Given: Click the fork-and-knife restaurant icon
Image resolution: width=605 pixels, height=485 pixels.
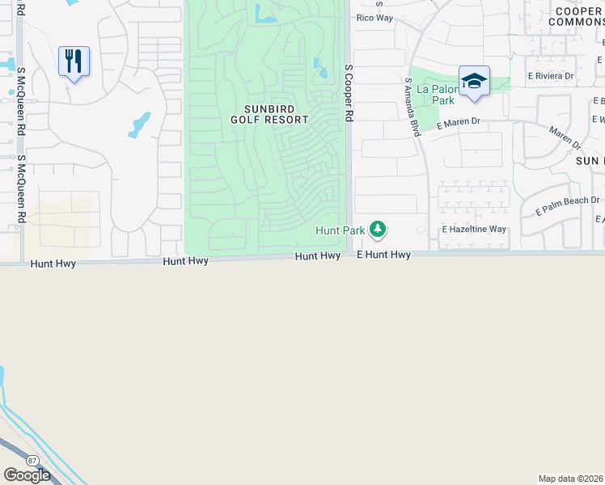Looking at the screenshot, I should [x=74, y=61].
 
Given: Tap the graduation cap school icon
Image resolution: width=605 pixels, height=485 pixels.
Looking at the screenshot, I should [x=474, y=81].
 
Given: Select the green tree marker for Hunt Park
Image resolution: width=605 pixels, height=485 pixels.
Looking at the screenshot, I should [x=377, y=230].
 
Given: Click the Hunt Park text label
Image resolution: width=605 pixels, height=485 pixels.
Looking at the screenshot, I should [x=340, y=231].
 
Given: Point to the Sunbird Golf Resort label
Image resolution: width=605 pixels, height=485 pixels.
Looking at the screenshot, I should [x=269, y=114].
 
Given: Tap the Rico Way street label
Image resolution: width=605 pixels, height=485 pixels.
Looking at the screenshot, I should [x=374, y=17].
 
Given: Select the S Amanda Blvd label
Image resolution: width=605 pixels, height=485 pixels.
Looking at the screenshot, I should [x=412, y=107].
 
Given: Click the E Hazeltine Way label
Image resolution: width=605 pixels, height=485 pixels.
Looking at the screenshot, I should [x=474, y=230].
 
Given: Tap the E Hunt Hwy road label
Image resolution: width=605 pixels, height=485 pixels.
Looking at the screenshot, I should [x=384, y=255].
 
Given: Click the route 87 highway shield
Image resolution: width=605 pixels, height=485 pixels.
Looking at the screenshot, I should [x=32, y=460].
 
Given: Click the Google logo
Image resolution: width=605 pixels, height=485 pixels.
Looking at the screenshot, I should [x=27, y=474].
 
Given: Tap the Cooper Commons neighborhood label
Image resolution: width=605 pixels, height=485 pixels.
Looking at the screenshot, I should [x=575, y=16].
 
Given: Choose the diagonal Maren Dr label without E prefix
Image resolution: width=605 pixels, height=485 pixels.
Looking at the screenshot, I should [x=565, y=137].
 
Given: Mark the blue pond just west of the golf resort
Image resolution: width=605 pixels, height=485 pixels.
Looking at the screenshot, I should [x=139, y=124].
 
